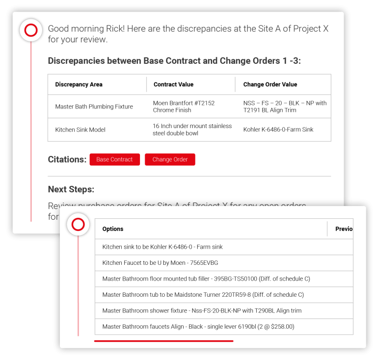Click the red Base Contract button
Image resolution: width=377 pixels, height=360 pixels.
pyautogui.click(x=114, y=159)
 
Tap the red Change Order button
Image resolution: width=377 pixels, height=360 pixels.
pyautogui.click(x=170, y=159)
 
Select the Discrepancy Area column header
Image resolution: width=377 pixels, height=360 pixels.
pyautogui.click(x=79, y=84)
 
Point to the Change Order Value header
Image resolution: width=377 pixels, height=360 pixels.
pyautogui.click(x=270, y=84)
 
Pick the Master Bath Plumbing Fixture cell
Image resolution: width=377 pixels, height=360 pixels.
pyautogui.click(x=94, y=106)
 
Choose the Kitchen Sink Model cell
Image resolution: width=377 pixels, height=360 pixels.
pyautogui.click(x=80, y=129)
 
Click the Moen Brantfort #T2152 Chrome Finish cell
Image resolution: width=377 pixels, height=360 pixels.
pyautogui.click(x=184, y=106)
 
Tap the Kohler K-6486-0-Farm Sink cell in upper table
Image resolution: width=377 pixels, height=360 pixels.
pyautogui.click(x=278, y=129)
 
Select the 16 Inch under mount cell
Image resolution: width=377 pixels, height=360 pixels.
pyautogui.click(x=192, y=129)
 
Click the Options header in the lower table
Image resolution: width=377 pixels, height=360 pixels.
pyautogui.click(x=112, y=229)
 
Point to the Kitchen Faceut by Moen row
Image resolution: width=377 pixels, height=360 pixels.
pyautogui.click(x=160, y=263)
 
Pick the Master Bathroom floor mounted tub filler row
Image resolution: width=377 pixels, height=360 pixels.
pyautogui.click(x=206, y=279)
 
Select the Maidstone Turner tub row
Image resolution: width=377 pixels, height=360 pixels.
pyautogui.click(x=203, y=295)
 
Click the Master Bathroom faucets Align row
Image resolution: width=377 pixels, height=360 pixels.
pyautogui.click(x=198, y=326)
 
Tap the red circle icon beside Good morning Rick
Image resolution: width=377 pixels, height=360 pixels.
pyautogui.click(x=31, y=30)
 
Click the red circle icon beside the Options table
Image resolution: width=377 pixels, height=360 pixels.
pyautogui.click(x=78, y=225)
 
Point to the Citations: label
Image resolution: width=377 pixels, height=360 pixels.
pyautogui.click(x=67, y=159)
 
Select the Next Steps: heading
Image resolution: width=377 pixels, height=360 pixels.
pyautogui.click(x=71, y=189)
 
